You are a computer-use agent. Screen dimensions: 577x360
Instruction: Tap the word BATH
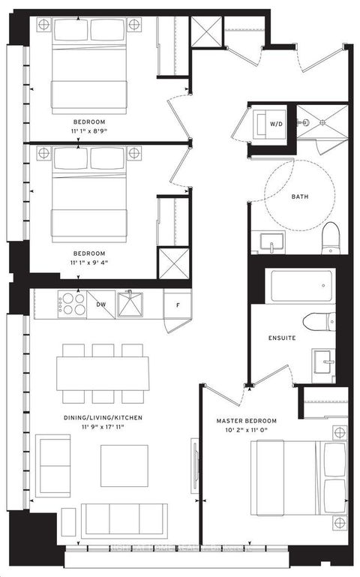300,197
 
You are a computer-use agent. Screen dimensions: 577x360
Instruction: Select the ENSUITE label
282,338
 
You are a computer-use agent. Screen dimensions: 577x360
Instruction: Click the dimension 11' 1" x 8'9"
88,131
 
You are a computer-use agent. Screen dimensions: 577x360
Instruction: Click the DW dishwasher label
101,305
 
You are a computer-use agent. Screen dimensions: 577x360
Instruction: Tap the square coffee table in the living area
124,465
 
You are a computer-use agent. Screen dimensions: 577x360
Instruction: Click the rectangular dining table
102,373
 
